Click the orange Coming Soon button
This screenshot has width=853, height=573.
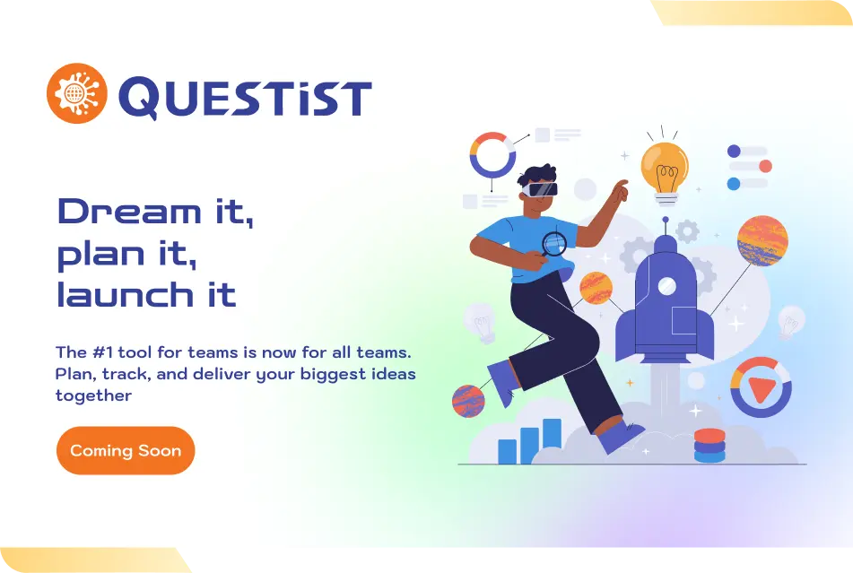point(126,451)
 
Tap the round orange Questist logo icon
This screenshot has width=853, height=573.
point(77,93)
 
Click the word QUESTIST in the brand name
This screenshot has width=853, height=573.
point(246,98)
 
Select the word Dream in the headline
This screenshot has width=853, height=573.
point(129,212)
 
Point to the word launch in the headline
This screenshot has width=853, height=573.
point(124,294)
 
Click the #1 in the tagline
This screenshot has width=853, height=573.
point(103,352)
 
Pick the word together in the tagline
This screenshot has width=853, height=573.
point(93,395)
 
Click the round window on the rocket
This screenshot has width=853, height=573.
point(667,285)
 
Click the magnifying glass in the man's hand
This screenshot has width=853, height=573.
point(553,244)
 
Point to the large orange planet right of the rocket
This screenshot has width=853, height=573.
point(762,241)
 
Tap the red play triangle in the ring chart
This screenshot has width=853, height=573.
point(762,388)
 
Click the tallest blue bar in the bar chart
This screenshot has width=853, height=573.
point(553,434)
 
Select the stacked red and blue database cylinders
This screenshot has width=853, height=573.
point(709,446)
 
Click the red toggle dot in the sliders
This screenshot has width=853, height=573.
point(765,167)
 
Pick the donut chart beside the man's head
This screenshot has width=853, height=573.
point(492,155)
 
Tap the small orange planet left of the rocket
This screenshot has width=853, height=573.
point(596,288)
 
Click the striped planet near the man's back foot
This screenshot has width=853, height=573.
point(468,401)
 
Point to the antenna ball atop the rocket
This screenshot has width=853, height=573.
point(666,220)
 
